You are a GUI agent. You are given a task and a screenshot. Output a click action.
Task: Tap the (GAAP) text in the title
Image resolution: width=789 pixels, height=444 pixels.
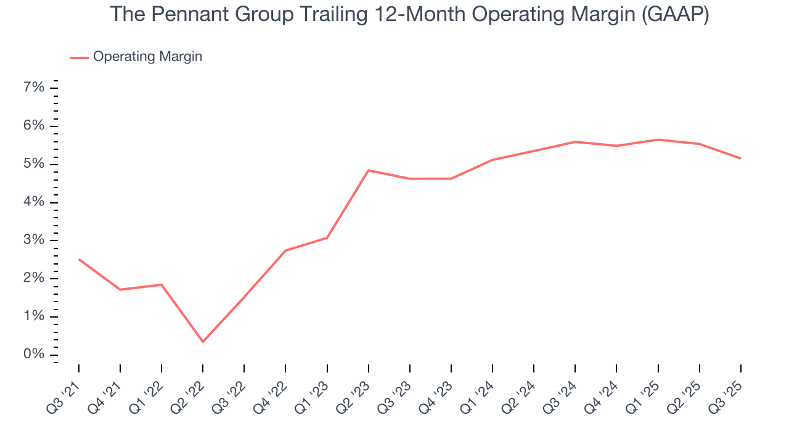pyautogui.click(x=674, y=15)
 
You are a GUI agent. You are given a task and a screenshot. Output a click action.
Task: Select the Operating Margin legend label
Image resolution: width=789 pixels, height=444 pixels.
pyautogui.click(x=147, y=57)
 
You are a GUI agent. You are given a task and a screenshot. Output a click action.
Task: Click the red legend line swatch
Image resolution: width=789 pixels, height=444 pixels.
pyautogui.click(x=79, y=57)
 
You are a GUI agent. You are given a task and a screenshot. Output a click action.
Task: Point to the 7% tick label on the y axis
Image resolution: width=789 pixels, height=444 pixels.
pyautogui.click(x=34, y=88)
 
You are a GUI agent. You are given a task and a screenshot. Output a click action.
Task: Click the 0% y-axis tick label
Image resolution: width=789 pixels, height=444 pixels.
pyautogui.click(x=34, y=355)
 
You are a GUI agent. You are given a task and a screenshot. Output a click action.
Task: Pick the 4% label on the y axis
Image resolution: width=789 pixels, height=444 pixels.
pyautogui.click(x=34, y=202)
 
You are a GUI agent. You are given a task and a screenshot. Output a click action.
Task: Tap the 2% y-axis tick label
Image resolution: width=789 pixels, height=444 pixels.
pyautogui.click(x=34, y=278)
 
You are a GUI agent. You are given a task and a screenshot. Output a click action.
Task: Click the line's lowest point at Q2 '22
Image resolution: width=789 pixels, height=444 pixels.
pyautogui.click(x=203, y=342)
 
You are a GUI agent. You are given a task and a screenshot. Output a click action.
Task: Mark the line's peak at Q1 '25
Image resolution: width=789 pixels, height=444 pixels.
pyautogui.click(x=658, y=139)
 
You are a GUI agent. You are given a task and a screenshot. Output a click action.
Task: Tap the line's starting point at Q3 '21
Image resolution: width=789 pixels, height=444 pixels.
pyautogui.click(x=79, y=259)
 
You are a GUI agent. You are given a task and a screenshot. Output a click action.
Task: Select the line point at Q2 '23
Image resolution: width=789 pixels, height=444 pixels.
pyautogui.click(x=368, y=170)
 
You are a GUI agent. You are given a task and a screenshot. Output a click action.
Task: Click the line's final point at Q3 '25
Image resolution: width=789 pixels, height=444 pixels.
pyautogui.click(x=740, y=158)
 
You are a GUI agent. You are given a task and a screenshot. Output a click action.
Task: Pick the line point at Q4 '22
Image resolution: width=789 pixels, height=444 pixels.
pyautogui.click(x=285, y=250)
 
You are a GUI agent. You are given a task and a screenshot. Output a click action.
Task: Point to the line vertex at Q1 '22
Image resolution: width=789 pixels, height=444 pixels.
pyautogui.click(x=161, y=284)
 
